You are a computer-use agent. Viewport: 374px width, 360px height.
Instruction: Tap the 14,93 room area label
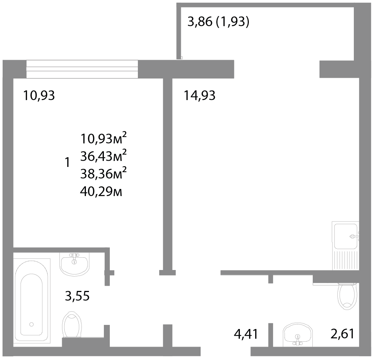pyautogui.click(x=200, y=95)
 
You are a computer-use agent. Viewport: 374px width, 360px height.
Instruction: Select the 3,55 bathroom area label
pyautogui.click(x=77, y=296)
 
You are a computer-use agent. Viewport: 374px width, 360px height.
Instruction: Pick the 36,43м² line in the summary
pyautogui.click(x=103, y=156)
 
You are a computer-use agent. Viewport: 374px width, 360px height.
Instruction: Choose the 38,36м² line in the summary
pyautogui.click(x=103, y=173)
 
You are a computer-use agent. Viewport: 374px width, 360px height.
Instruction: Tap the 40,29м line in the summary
pyautogui.click(x=101, y=191)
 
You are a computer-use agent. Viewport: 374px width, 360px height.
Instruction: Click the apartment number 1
pyautogui.click(x=68, y=162)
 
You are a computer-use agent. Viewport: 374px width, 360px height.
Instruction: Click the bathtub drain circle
pyautogui.click(x=31, y=324)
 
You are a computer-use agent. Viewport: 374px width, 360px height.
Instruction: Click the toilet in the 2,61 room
pyautogui.click(x=347, y=296)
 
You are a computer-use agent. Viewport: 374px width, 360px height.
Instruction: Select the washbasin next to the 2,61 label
pyautogui.click(x=298, y=334)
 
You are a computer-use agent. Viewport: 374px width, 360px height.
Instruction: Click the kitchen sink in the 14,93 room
pyautogui.click(x=345, y=246)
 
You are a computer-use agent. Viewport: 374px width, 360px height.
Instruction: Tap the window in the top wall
pyautogui.click(x=82, y=69)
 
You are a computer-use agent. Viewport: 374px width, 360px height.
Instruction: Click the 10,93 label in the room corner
pyautogui.click(x=39, y=95)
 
